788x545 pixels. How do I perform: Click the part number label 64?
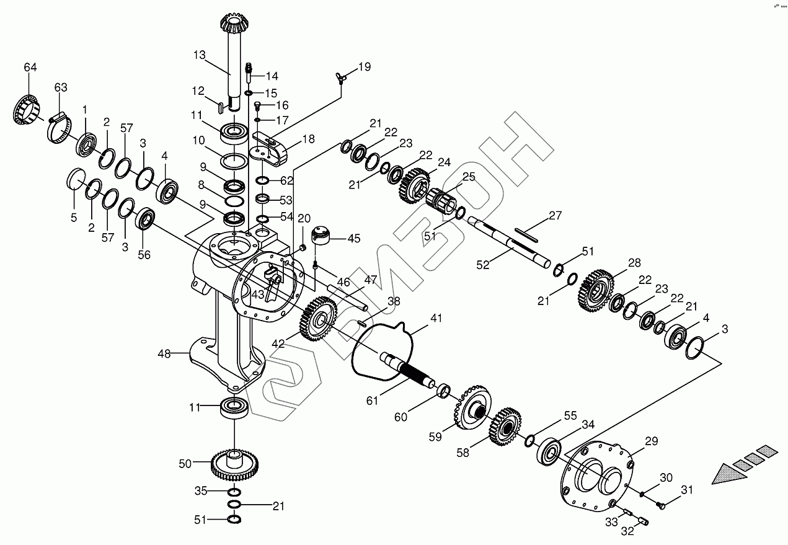tap(30, 67)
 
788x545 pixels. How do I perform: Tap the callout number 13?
tap(199, 55)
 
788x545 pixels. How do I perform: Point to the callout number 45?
tap(353, 238)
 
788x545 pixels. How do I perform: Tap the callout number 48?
tap(164, 353)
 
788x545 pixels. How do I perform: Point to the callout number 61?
tap(371, 401)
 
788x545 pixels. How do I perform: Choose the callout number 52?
tap(483, 265)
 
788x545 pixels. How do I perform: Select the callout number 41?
tap(436, 318)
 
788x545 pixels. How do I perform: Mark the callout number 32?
tap(628, 532)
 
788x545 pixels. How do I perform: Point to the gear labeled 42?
tap(319, 319)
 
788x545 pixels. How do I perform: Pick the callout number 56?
tap(143, 254)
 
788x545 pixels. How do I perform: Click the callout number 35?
tap(201, 491)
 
